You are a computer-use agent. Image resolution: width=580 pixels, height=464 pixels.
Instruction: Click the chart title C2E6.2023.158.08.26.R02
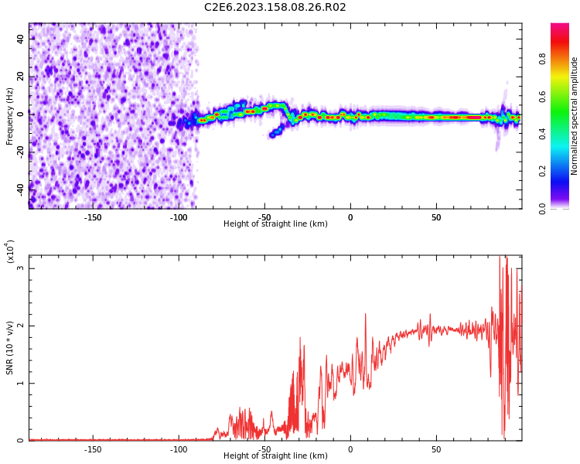point(275,8)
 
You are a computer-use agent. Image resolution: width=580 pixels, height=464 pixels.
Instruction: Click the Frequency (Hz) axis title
point(10,116)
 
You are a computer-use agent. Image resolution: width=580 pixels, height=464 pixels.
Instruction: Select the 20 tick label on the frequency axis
point(22,76)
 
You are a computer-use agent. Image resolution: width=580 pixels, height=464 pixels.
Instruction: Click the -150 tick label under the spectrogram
point(93,217)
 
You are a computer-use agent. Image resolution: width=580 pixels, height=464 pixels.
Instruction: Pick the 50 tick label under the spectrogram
point(436,217)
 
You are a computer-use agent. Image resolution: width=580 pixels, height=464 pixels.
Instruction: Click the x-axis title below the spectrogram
point(275,224)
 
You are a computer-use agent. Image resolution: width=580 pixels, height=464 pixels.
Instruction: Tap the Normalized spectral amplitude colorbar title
point(575,116)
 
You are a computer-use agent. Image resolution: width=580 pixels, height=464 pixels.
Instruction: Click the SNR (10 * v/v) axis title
point(10,348)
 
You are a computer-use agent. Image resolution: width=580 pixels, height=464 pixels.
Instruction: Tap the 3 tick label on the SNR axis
point(21,268)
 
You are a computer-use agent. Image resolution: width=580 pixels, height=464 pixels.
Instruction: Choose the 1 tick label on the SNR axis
point(21,384)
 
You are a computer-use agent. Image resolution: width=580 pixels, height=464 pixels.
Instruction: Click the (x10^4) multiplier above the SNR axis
point(10,251)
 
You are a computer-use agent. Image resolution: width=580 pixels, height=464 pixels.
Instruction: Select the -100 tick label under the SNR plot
point(179,449)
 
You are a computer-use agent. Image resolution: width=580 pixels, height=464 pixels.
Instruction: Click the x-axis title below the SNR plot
point(275,456)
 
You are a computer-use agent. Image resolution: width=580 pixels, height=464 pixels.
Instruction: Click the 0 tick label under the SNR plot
point(350,449)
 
